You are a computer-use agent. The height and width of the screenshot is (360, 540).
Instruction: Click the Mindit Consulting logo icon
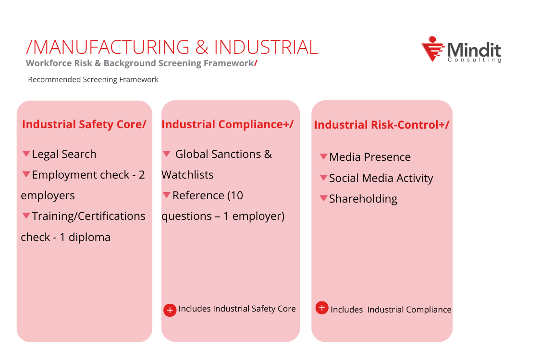(432, 49)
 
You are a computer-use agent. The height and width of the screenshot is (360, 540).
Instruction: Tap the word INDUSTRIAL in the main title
(266, 47)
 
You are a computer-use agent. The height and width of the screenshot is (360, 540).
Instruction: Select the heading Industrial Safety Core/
(84, 124)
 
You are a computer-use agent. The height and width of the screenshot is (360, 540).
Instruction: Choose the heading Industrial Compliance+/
(227, 124)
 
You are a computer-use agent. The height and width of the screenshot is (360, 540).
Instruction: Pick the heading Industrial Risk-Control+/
(381, 125)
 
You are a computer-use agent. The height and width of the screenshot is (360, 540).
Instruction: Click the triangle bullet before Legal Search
(26, 154)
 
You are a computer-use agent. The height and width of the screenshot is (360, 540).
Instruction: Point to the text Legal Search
(64, 154)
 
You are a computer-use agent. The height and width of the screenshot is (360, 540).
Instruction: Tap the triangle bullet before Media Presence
(324, 156)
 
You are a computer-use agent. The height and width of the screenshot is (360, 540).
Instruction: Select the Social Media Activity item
(381, 178)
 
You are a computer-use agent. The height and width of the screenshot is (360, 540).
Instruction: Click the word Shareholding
(363, 199)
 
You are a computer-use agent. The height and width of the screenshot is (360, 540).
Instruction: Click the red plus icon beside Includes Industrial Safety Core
(170, 310)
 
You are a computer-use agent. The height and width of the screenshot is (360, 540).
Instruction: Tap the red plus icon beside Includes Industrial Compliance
(322, 308)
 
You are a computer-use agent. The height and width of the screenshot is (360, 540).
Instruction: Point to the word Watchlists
(187, 175)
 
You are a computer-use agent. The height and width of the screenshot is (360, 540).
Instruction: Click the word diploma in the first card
(89, 237)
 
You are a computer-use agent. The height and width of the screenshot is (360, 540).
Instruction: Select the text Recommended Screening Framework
(93, 80)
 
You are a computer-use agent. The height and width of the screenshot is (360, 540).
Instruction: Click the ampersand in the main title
(202, 47)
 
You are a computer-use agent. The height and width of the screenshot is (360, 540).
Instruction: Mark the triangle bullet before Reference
(167, 195)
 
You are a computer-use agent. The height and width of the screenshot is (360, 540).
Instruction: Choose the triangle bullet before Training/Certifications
(26, 216)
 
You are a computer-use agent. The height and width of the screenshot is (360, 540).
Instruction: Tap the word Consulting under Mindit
(474, 60)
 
